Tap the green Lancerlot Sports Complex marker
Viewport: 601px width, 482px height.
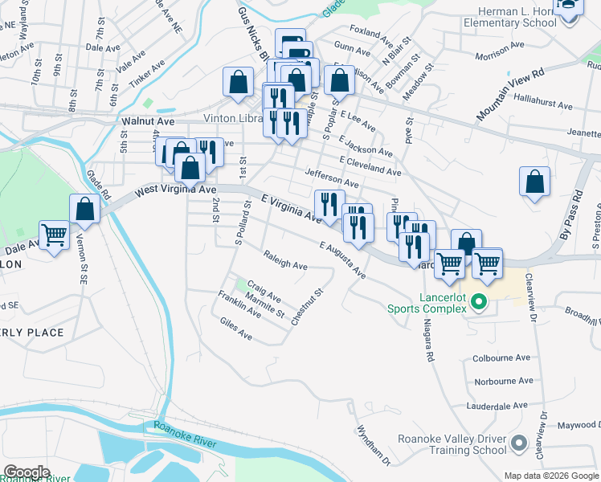[x=480, y=303]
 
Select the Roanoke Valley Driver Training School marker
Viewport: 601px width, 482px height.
[x=519, y=443]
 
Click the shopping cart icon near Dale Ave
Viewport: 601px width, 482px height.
[x=55, y=235]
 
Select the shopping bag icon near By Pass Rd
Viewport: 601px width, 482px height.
[x=534, y=182]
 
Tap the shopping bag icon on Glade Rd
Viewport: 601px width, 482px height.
[x=84, y=209]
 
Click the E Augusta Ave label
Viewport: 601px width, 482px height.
[x=341, y=260]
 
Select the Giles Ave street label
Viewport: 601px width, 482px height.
[x=235, y=328]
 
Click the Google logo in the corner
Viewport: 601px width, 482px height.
[x=27, y=472]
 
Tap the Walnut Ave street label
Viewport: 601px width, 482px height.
[x=148, y=120]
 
